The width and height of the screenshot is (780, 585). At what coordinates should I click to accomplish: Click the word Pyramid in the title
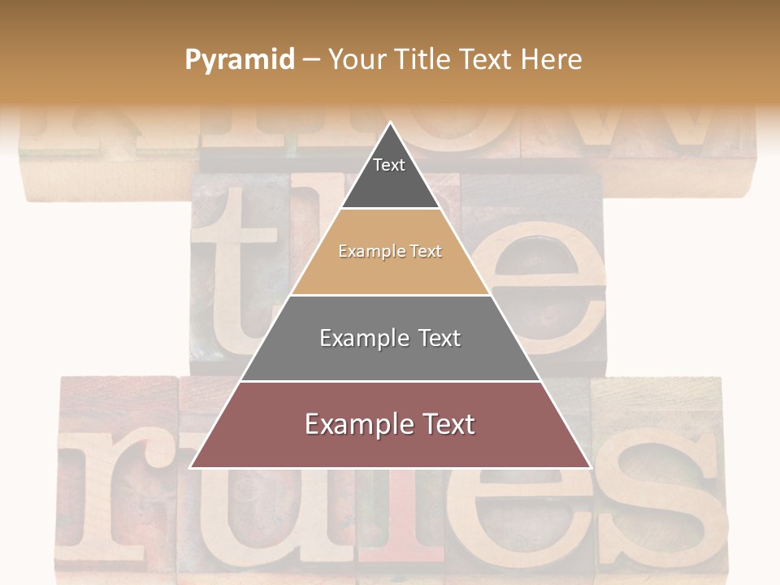[x=239, y=60]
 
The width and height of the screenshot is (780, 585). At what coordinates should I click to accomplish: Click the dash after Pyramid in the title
[x=310, y=60]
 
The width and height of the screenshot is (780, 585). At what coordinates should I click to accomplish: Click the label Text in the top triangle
[x=389, y=165]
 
